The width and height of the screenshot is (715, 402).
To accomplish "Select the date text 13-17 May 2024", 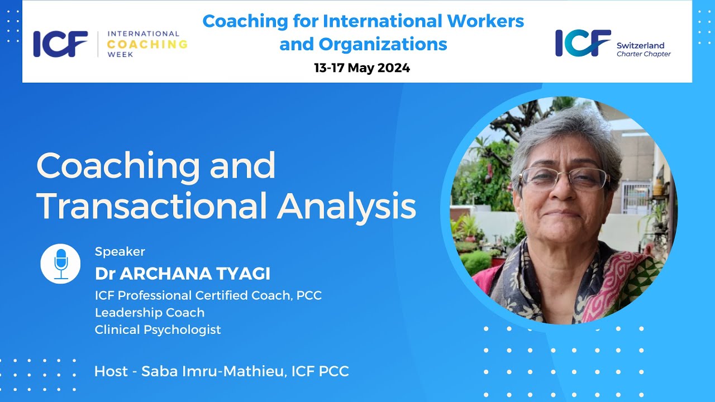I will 362,68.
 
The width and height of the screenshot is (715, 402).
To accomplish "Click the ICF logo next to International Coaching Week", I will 60,44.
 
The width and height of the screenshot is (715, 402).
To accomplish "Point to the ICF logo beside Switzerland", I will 583,44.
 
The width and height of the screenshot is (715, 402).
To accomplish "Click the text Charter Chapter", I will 643,54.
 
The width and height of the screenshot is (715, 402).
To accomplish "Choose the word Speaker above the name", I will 120,251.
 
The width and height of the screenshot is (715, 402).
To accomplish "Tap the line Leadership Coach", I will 150,313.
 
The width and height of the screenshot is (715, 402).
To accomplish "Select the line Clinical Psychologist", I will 158,329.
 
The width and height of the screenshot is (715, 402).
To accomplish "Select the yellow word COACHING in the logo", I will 147,44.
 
